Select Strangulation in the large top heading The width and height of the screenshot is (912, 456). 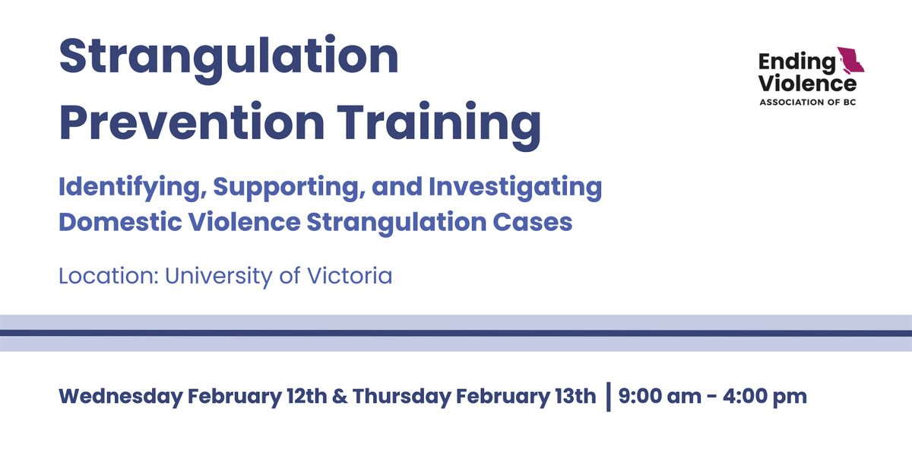pyautogui.click(x=229, y=56)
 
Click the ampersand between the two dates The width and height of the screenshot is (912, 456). pyautogui.click(x=339, y=397)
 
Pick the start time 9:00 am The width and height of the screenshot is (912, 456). pyautogui.click(x=656, y=397)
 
